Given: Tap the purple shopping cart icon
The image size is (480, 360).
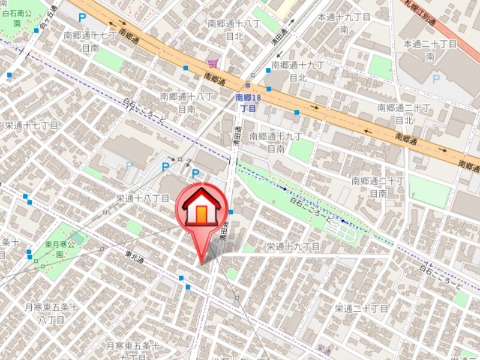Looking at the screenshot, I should coord(212,63).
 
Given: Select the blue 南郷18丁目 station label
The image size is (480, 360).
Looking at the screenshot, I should coord(248,103).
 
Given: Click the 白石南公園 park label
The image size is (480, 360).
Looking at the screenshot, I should coord(16,16).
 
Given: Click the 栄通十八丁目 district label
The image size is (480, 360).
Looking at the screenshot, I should coord(143,198).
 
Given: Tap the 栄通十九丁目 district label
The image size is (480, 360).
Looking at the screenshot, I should coord(293,246).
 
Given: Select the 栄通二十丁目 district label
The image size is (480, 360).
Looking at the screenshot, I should coord(362,308).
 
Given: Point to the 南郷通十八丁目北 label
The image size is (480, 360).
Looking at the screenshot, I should coord(234,29).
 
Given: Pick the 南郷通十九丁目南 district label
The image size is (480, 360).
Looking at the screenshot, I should coord(275,142).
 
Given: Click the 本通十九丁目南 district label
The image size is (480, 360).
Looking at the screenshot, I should coord(344,23).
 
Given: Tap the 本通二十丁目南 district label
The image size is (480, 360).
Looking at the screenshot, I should coord(430,50).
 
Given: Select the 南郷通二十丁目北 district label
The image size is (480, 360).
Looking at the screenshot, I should coord(404,113).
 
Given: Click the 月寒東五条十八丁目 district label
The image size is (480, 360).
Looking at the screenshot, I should coord(52,313).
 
